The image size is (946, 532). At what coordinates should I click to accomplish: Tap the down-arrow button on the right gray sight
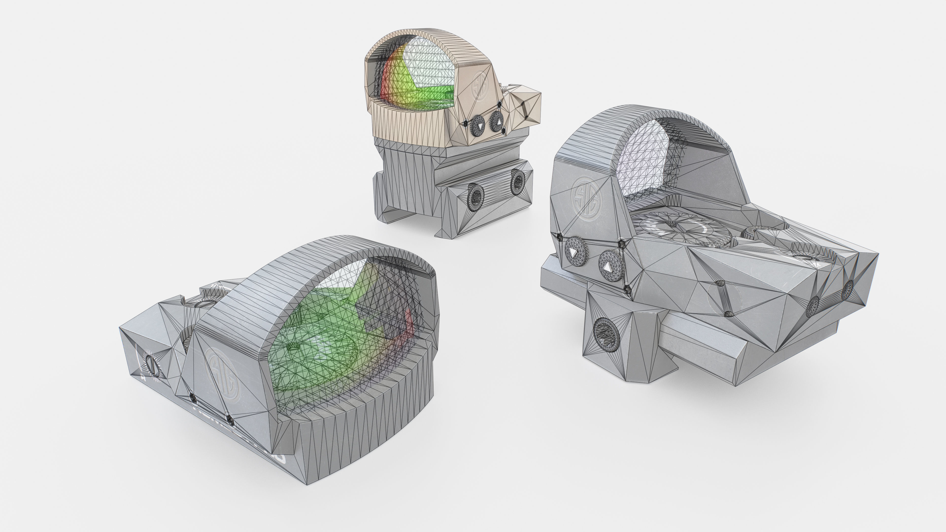576,252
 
